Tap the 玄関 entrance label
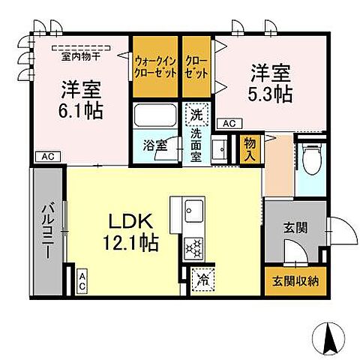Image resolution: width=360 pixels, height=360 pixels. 295,227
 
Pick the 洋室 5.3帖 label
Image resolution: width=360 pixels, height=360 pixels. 271,84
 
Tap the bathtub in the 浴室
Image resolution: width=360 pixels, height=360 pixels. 156,117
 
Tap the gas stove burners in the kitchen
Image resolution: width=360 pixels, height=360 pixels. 192,247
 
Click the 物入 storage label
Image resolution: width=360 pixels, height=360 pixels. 250,147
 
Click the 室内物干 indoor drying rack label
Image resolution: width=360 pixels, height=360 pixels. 83,55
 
